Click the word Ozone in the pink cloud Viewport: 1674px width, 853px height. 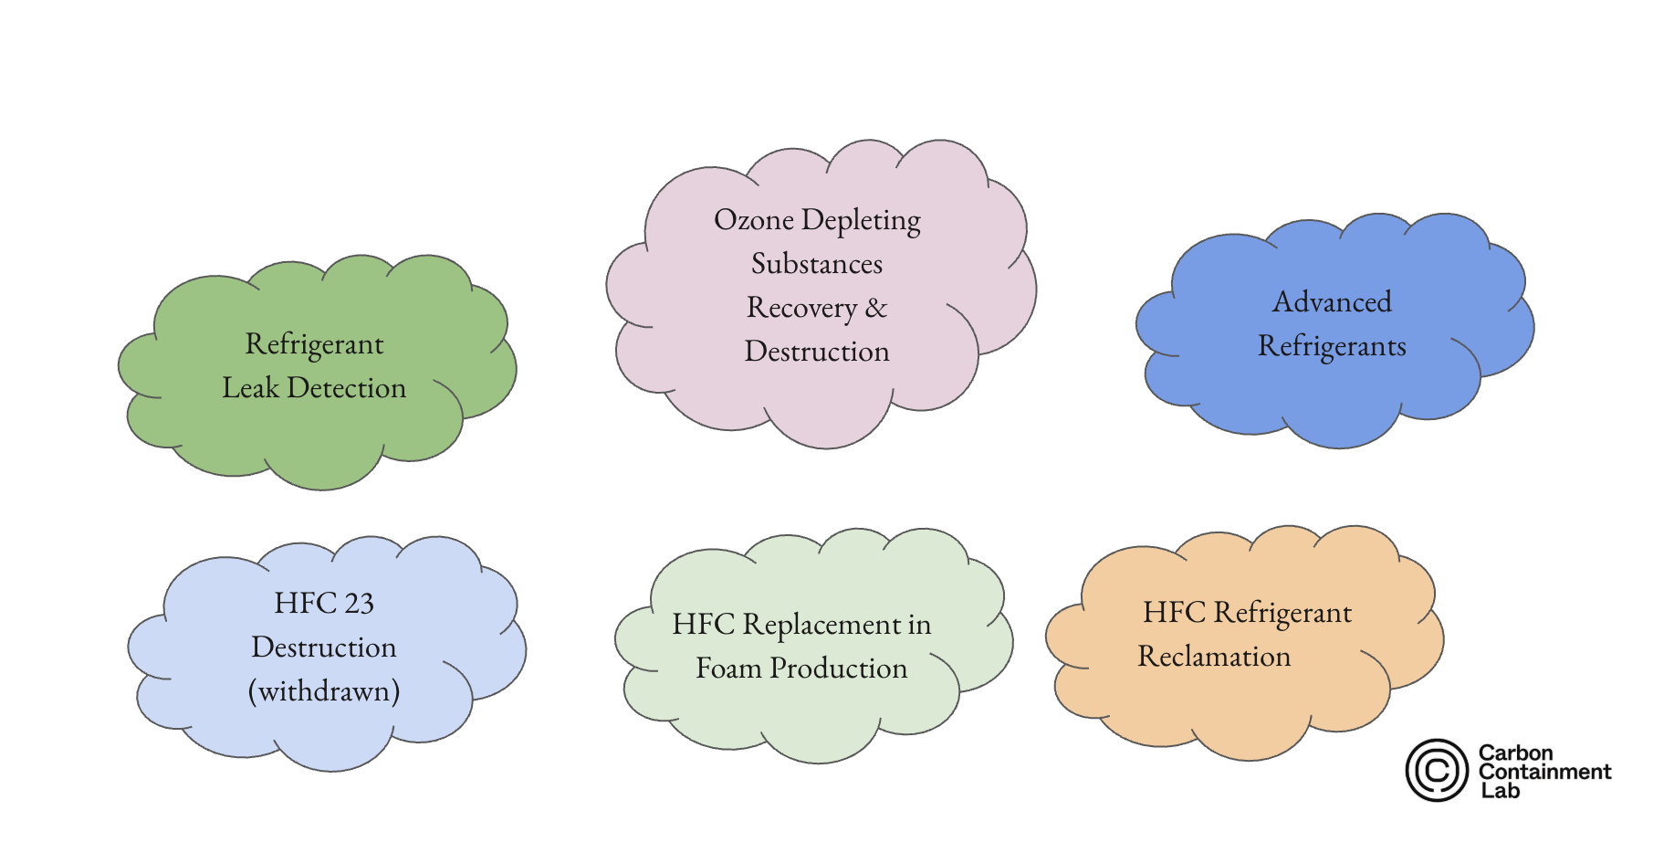tap(753, 220)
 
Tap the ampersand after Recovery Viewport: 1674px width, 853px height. tap(876, 308)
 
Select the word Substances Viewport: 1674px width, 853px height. tap(817, 264)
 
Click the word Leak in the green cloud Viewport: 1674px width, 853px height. tap(250, 388)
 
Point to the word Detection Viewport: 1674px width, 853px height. tap(347, 388)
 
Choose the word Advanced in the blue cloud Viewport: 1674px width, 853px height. tap(1332, 302)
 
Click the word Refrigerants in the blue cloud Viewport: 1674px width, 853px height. tap(1332, 346)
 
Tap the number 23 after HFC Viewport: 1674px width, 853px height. tap(359, 604)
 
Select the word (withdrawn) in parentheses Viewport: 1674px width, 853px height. tap(324, 691)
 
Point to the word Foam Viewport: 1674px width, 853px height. tap(728, 669)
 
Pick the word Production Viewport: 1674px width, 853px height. tap(838, 669)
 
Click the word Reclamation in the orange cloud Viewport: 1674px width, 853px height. tap(1214, 657)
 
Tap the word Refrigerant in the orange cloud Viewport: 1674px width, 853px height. tap(1282, 613)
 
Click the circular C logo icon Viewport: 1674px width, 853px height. tap(1437, 771)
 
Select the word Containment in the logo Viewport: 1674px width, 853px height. tap(1544, 772)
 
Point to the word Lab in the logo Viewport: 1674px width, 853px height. tap(1500, 791)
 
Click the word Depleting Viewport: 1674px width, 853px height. tap(861, 220)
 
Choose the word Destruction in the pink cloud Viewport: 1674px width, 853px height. tap(817, 352)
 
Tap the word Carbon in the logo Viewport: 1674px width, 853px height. tap(1515, 753)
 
